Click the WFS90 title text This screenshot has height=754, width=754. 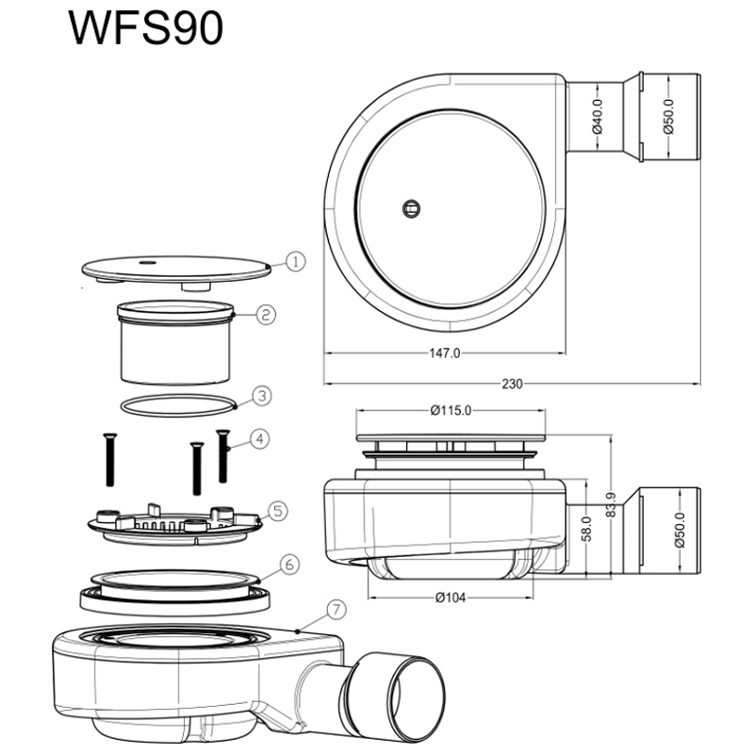146,28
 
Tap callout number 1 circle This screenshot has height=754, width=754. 295,262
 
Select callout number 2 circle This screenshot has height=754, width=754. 266,315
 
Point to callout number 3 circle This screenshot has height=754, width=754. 262,396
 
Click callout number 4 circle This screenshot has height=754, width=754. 260,439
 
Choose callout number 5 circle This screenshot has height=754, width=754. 278,511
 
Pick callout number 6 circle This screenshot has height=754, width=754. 289,564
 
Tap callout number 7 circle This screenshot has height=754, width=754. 336,610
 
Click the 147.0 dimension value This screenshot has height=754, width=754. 444,353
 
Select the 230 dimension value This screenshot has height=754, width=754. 512,384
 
